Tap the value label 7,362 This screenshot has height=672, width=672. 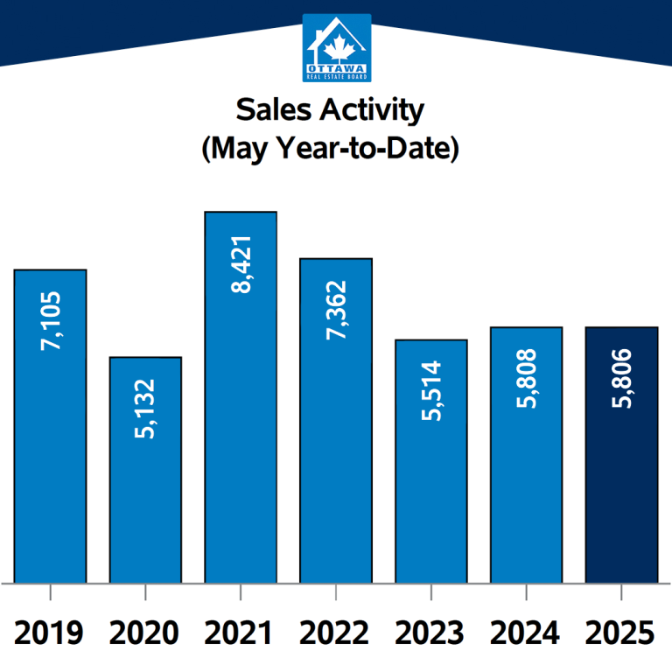coord(336,311)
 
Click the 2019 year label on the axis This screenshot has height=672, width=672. coord(50,633)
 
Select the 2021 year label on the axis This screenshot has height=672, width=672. coord(241,633)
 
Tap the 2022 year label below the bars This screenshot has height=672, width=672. coord(336,633)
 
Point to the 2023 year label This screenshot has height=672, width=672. coord(431,633)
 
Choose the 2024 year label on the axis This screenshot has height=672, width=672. coord(526,633)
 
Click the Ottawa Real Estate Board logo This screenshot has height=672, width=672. coord(336,47)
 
